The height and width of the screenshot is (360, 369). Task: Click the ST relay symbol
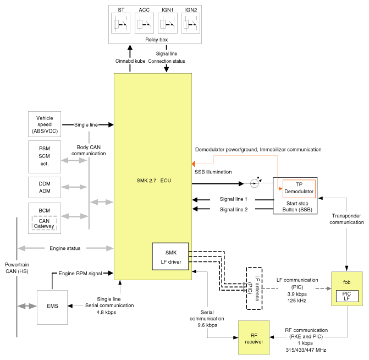(x=120, y=23)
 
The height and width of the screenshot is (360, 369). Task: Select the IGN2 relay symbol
(x=190, y=23)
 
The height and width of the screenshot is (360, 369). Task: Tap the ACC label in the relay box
(x=144, y=10)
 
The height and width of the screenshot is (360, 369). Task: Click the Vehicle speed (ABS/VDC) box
(x=45, y=124)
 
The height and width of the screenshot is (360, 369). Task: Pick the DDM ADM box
(x=45, y=187)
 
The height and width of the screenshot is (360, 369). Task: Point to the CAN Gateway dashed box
(x=45, y=223)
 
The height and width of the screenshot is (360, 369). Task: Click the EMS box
(x=52, y=307)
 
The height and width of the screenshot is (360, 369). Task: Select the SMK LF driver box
(x=170, y=257)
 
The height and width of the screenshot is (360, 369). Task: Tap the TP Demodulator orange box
(x=299, y=189)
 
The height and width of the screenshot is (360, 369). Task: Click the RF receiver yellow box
(x=254, y=337)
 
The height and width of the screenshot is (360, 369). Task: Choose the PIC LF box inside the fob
(x=347, y=296)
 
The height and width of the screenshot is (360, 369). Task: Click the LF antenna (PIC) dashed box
(x=254, y=288)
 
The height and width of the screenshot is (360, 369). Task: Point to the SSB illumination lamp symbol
(x=254, y=183)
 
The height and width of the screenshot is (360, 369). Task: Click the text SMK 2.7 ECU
(x=154, y=181)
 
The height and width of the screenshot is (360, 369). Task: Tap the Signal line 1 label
(x=233, y=199)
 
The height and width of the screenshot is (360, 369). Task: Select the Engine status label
(x=65, y=248)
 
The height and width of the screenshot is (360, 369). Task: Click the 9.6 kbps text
(x=207, y=325)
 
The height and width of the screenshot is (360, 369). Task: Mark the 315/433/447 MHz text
(x=306, y=350)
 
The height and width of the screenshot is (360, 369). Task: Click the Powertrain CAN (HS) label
(x=17, y=268)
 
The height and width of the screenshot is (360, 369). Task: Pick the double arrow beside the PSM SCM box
(x=74, y=160)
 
